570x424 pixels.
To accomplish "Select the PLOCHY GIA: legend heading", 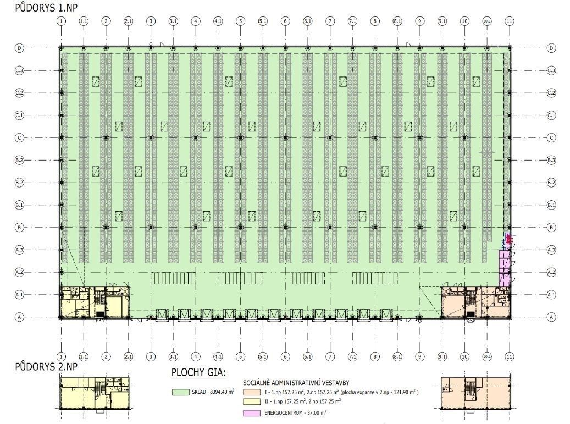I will [199, 374].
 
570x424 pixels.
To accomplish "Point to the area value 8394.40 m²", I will [222, 392].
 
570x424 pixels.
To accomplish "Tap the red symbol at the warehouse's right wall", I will [508, 239].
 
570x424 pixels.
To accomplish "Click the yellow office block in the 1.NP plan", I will [93, 302].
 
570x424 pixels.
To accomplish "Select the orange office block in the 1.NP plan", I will [476, 302].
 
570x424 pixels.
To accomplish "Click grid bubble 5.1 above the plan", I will [263, 21].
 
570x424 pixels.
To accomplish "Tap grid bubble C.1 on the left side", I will [19, 115].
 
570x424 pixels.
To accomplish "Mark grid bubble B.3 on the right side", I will [551, 160].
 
